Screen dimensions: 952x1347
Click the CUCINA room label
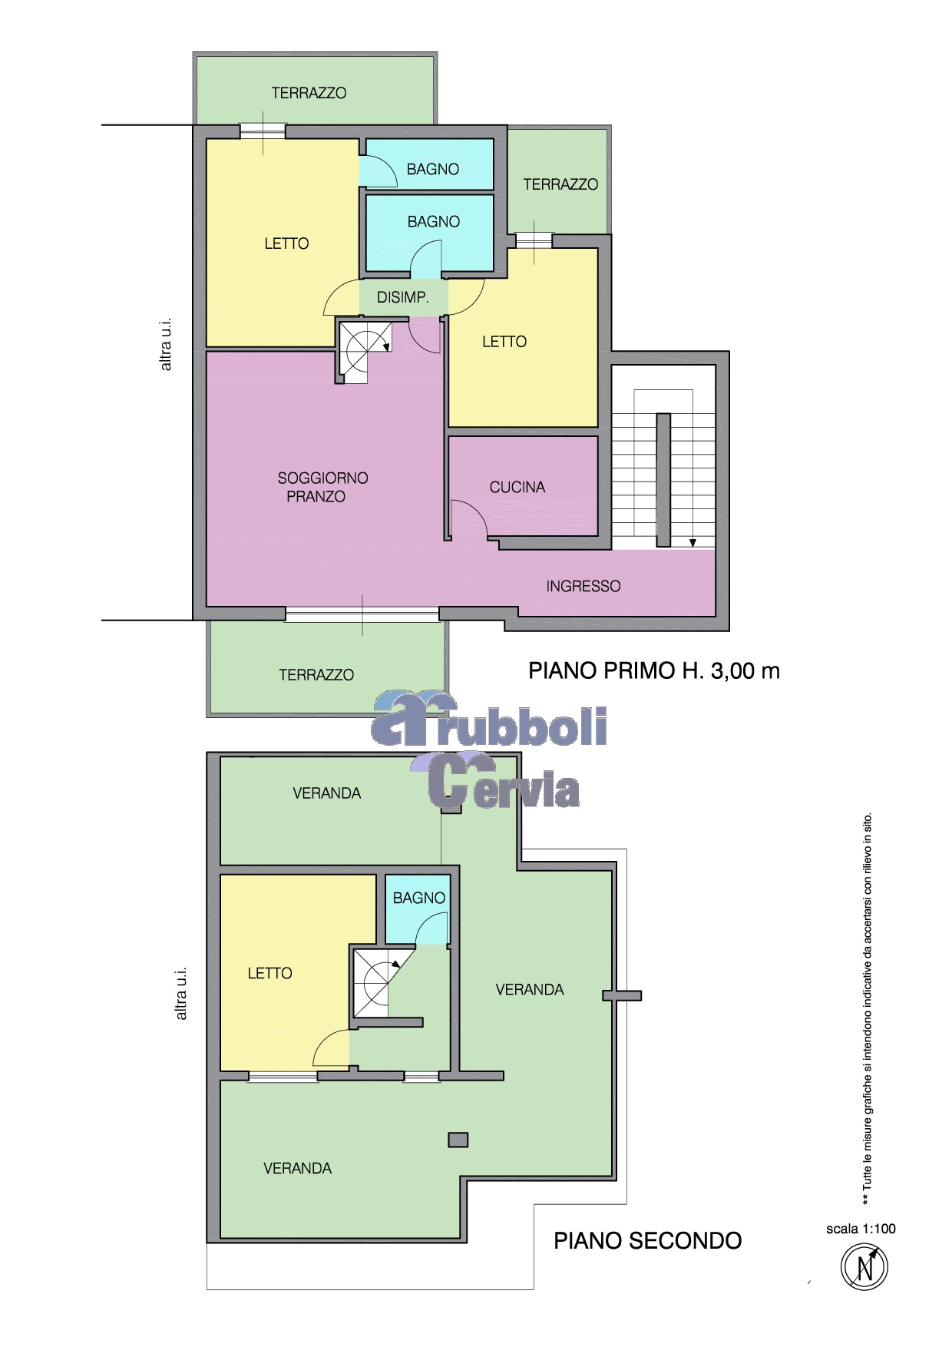click(x=517, y=487)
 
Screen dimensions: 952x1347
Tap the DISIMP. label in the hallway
click(x=402, y=297)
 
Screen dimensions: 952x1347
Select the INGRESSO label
click(x=583, y=586)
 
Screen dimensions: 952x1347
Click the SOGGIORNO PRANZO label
click(x=322, y=487)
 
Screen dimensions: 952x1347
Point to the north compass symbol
click(x=864, y=1266)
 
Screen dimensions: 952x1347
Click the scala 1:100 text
click(x=861, y=1229)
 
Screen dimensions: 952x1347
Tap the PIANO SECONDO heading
click(x=648, y=1241)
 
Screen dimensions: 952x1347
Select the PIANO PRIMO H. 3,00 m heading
click(x=654, y=671)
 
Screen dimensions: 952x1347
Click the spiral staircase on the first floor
click(x=365, y=350)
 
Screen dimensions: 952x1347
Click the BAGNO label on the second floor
click(x=419, y=898)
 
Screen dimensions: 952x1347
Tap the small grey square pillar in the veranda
click(x=458, y=1140)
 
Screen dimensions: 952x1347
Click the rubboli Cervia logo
click(x=489, y=750)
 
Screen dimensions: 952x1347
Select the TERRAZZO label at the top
click(x=309, y=93)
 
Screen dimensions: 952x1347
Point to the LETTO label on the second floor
click(x=269, y=973)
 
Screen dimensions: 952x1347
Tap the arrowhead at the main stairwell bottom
click(x=693, y=543)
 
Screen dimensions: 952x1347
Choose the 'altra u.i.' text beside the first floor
click(x=166, y=345)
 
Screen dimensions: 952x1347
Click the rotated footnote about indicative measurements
click(x=868, y=1009)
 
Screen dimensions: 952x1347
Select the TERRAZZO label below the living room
click(x=316, y=675)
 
